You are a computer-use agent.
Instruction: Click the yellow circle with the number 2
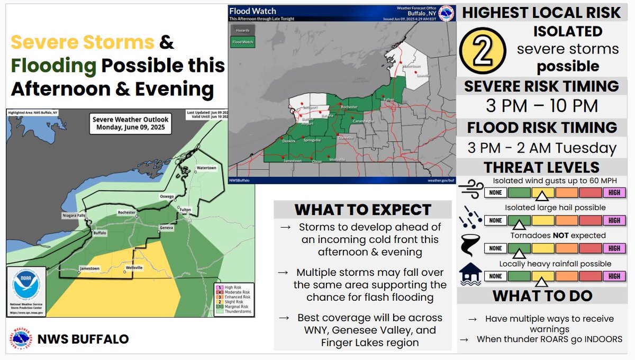(486, 49)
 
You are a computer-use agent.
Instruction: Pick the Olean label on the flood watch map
(316, 161)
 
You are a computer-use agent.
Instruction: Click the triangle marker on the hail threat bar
(520, 224)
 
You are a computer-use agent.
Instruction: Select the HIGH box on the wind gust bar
(614, 193)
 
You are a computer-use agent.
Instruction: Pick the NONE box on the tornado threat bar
(496, 248)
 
